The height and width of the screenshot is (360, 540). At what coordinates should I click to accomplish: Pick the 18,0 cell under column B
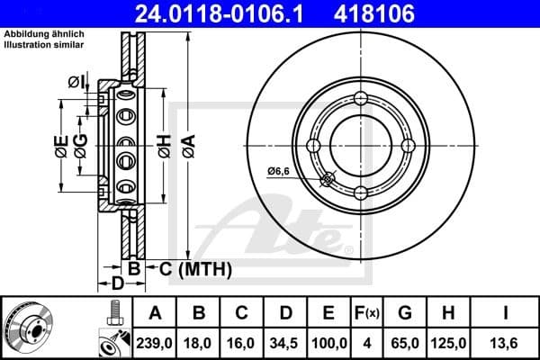(x=199, y=342)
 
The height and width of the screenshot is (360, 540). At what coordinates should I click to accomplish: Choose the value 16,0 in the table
(x=242, y=342)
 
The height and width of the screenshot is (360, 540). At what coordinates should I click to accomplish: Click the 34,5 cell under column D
(x=285, y=342)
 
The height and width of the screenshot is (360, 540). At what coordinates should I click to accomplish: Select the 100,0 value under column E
(x=329, y=342)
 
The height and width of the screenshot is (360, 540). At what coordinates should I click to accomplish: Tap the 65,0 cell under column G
(x=405, y=342)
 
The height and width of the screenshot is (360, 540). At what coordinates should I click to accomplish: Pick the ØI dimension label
(x=76, y=84)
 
